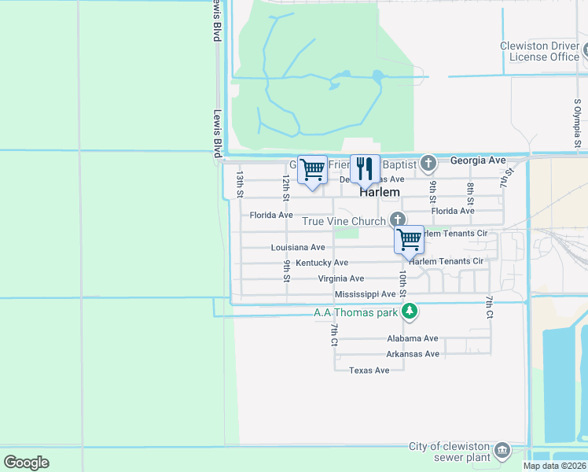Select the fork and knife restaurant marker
pos(363,168)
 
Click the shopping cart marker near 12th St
pos(312,169)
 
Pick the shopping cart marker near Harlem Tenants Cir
pos(409,241)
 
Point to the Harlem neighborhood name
pos(380,192)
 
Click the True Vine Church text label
pos(345,222)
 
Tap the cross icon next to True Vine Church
pos(398,219)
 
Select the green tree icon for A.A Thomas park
pos(410,312)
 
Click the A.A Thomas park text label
pos(356,313)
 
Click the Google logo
pos(26,463)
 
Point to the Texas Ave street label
pos(369,371)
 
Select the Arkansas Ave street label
pos(413,354)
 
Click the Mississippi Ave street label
pos(365,294)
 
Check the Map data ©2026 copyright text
pos(555,466)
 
